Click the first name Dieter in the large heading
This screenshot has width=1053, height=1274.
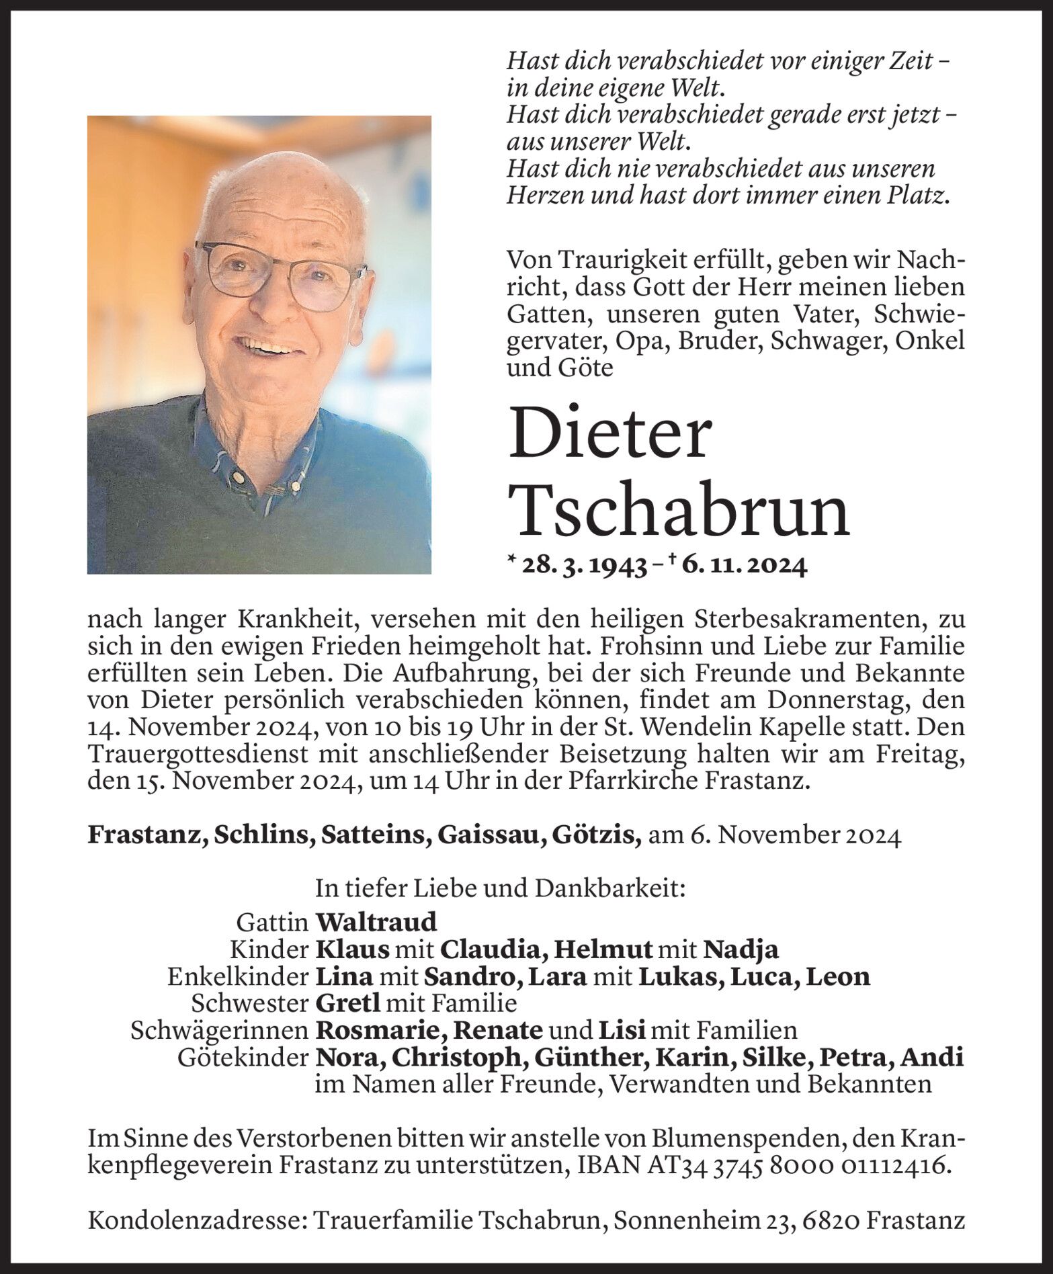[x=609, y=435]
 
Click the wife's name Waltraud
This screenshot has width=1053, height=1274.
[x=376, y=921]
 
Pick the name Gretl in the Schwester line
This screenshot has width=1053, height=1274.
[x=347, y=1003]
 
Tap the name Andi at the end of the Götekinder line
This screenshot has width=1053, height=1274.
[x=932, y=1057]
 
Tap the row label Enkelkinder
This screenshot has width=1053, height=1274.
[x=238, y=976]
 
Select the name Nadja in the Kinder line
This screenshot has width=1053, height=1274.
[x=741, y=949]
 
